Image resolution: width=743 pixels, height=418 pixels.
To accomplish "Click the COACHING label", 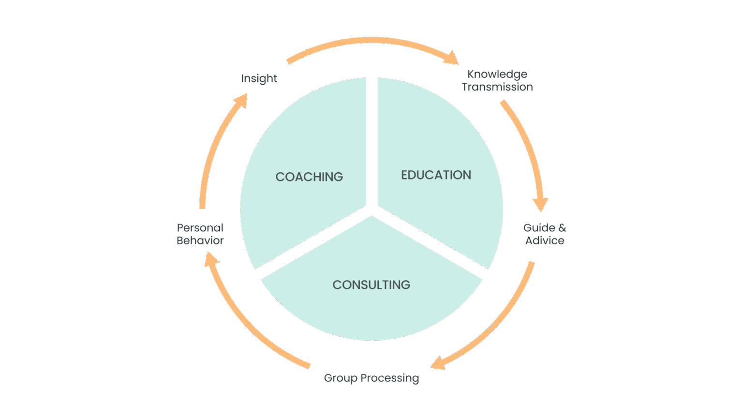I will coord(309,177).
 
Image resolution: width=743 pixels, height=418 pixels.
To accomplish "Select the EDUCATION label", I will coord(436,175).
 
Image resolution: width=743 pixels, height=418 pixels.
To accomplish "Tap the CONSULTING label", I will coord(371,285).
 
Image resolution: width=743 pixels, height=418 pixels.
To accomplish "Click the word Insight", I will coord(259,78).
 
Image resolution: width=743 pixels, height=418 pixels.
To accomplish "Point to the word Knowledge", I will coord(497,75).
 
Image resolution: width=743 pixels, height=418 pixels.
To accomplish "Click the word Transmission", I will coord(497,87).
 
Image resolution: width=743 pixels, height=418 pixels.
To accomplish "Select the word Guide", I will coord(539,228).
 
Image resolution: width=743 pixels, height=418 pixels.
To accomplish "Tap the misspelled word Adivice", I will coord(545,240).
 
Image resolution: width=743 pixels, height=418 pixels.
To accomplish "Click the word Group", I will coord(341,378).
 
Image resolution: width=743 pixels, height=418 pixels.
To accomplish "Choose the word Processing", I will coord(390,378).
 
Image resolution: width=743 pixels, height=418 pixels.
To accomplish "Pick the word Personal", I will coord(200,228).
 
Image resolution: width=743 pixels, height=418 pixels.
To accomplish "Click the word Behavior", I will coord(200,240).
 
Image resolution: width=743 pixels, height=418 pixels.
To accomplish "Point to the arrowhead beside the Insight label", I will coord(240,100).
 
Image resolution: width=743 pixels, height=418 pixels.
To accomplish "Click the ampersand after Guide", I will coord(562,228).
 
